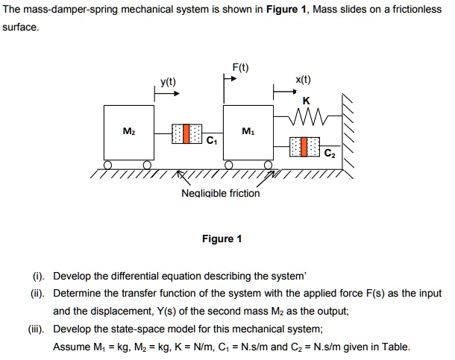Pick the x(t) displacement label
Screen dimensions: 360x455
click(x=303, y=80)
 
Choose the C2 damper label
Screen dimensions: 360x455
click(x=330, y=154)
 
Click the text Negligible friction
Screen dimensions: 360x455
click(x=221, y=193)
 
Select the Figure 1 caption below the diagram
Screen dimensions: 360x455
click(x=222, y=239)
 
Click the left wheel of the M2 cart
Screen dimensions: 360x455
click(x=109, y=165)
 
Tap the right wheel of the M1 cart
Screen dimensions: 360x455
click(x=266, y=165)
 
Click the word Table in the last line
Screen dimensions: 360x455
click(x=395, y=347)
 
